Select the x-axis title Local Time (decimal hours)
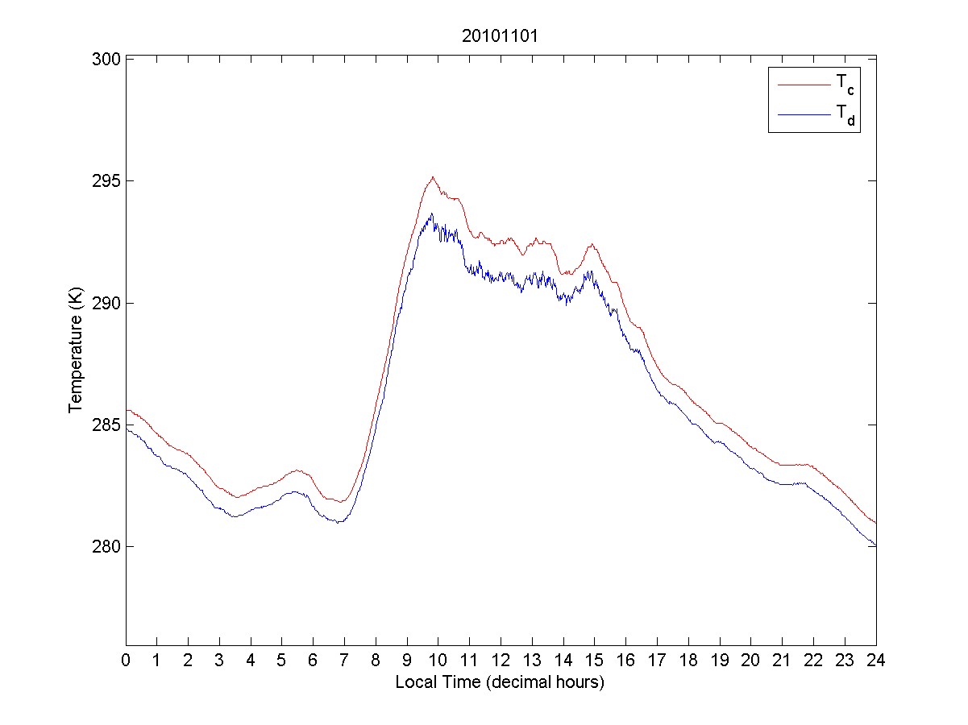500,682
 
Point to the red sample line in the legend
803,83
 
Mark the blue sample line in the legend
803,115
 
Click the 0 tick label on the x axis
126,660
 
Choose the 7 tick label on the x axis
344,660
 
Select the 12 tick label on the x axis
501,660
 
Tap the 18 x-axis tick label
688,660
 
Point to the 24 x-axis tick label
876,660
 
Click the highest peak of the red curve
433,177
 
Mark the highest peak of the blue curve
432,213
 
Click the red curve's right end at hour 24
875,524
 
